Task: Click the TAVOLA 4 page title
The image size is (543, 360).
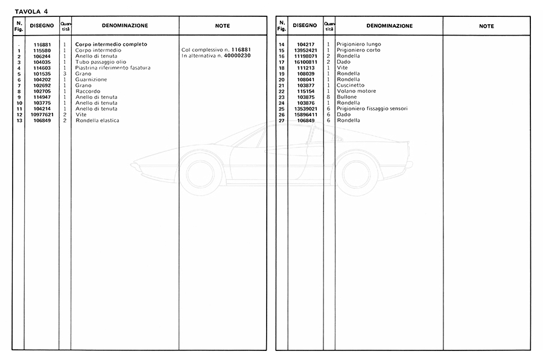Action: [x=31, y=10]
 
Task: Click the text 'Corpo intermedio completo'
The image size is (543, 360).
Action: [x=111, y=45]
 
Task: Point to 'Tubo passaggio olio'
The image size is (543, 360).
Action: [x=97, y=62]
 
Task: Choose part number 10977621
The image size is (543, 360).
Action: [x=43, y=115]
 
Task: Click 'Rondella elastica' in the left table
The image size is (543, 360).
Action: [x=97, y=121]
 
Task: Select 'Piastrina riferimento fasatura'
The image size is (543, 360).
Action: [x=113, y=68]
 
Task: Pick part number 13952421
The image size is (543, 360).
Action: [x=306, y=50]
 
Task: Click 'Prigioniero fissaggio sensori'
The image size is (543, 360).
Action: [x=372, y=109]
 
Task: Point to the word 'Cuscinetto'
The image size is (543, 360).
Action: [x=351, y=86]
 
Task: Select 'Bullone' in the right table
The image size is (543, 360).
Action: [x=347, y=97]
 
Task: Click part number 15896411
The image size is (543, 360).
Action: [x=306, y=115]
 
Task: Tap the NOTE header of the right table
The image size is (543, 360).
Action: [x=486, y=26]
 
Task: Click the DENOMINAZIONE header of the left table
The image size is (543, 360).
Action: [x=125, y=26]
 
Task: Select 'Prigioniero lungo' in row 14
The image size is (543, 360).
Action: [x=358, y=45]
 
